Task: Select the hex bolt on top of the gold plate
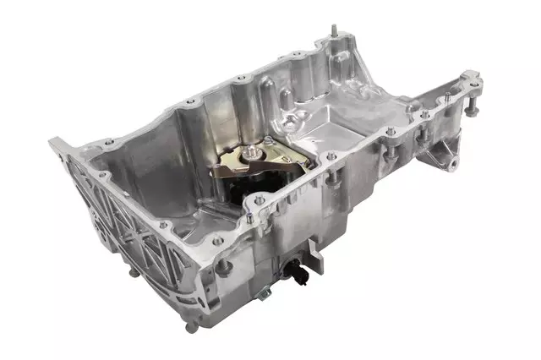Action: [x=254, y=153]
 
